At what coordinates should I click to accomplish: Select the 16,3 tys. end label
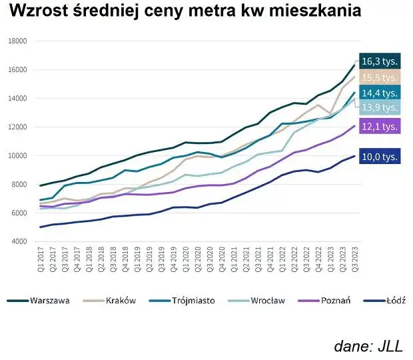pos(380,61)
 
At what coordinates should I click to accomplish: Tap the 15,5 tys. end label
pos(380,77)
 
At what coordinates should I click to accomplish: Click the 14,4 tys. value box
pos(380,93)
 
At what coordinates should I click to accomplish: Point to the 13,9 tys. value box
pos(380,107)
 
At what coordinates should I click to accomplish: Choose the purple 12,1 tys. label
pos(380,125)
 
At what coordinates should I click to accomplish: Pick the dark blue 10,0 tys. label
pos(380,157)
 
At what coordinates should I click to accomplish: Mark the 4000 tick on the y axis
pos(18,242)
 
